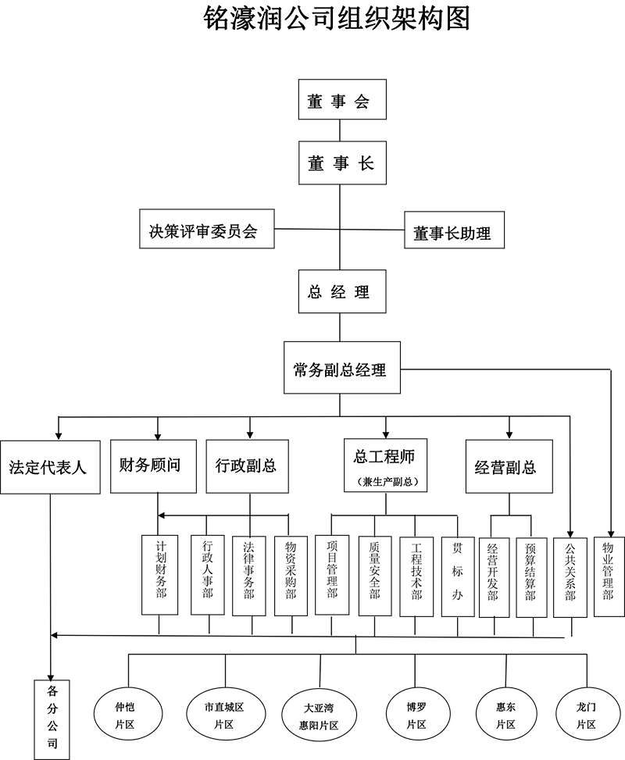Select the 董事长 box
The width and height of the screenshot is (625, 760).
click(x=341, y=162)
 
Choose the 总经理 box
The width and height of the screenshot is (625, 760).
click(x=339, y=291)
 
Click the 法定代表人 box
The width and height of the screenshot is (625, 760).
click(x=50, y=467)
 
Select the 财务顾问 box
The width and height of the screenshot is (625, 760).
click(x=153, y=466)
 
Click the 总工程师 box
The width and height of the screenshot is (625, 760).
click(x=385, y=466)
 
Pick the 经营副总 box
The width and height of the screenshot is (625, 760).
click(x=509, y=467)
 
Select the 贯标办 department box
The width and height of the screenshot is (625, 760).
click(x=458, y=575)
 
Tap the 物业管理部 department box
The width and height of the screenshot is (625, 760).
click(x=608, y=575)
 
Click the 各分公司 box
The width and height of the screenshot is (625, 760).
click(x=52, y=715)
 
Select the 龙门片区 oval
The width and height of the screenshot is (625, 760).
click(x=587, y=715)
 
